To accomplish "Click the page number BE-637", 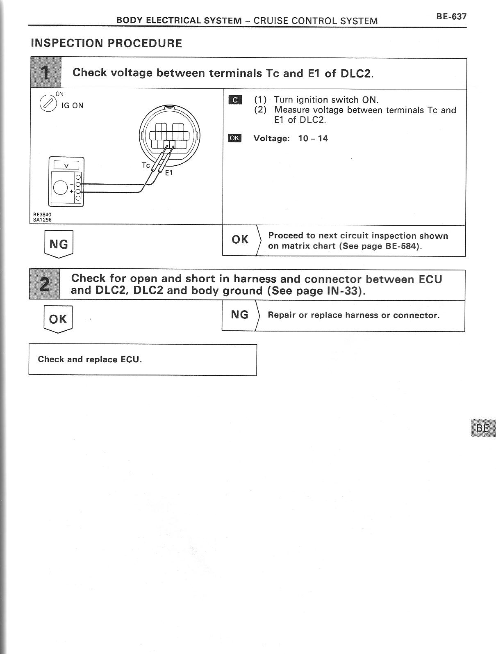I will (451, 17).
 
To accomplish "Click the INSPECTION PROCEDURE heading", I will (107, 43).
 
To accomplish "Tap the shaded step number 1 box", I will (46, 73).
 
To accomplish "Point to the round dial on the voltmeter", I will (61, 188).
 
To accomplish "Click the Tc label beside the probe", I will (146, 165).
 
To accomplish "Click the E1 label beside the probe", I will (169, 173).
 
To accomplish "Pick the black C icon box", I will (235, 100).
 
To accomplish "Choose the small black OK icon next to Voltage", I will (234, 138).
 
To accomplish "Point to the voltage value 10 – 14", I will (313, 138).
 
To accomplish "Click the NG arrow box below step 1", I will (59, 245).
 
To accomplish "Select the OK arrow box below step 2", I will (58, 319).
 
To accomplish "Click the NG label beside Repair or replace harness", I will (240, 315).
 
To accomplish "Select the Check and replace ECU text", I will (90, 359).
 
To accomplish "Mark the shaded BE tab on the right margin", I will (483, 428).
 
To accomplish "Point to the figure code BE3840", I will (42, 215).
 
